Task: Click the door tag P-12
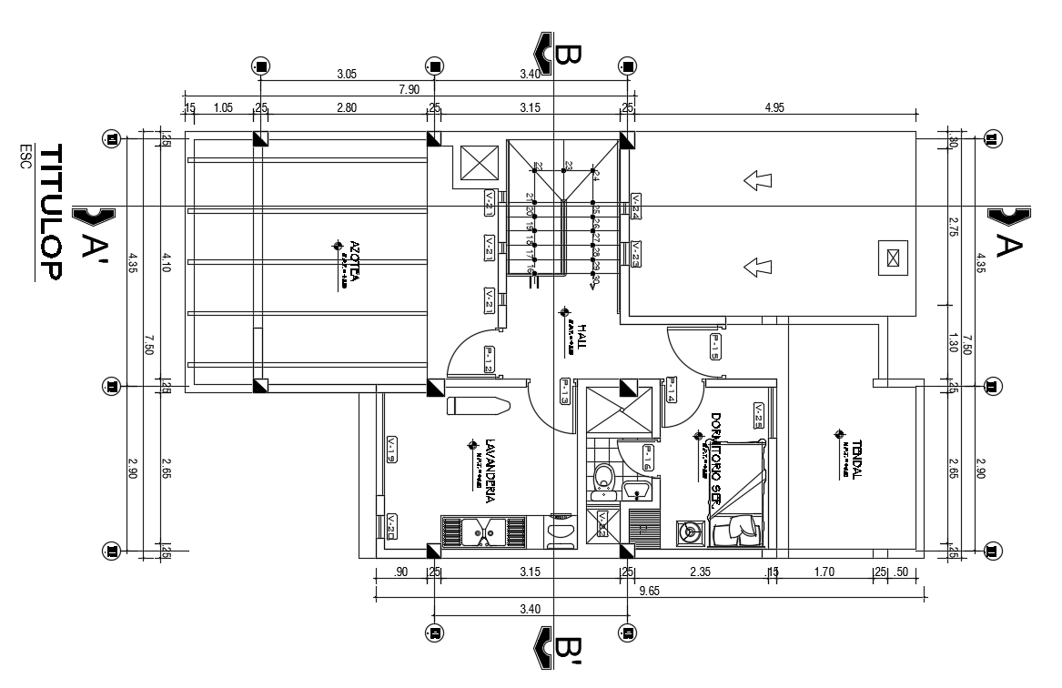coord(489,359)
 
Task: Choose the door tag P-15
coord(715,347)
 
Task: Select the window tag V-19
coord(390,448)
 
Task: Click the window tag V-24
coord(635,207)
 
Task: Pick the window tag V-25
coord(758,415)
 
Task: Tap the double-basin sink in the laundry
coord(483,531)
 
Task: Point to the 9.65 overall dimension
coord(650,591)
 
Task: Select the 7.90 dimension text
coord(409,89)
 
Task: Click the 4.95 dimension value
coord(774,107)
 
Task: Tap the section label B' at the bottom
coord(565,649)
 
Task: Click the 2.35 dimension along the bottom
coord(699,572)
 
